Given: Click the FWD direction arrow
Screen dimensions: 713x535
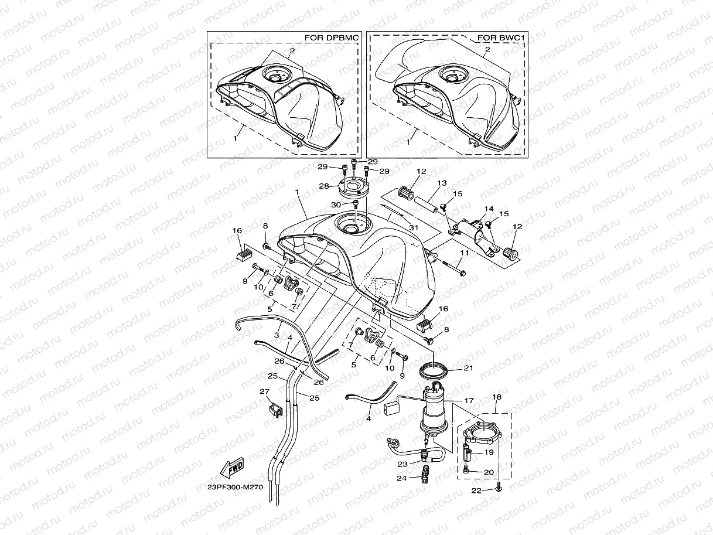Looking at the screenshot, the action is (x=231, y=469).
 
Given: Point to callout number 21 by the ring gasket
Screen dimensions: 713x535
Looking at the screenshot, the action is (x=468, y=369).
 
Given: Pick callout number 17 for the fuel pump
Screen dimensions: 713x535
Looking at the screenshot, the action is (x=469, y=401).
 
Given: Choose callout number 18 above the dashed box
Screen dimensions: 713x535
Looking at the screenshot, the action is (x=497, y=397).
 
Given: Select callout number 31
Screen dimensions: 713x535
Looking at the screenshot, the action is (x=414, y=228).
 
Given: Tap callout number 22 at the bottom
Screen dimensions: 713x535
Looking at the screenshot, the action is (x=476, y=490).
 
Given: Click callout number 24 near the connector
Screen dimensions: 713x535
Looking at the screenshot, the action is (x=401, y=478).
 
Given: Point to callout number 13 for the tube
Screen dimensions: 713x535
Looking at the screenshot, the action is (x=441, y=183).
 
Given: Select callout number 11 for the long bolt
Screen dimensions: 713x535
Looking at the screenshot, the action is (x=465, y=253).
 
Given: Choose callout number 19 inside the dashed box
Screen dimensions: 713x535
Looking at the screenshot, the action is (x=488, y=452).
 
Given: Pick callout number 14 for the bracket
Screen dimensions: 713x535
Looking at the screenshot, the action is (x=488, y=209).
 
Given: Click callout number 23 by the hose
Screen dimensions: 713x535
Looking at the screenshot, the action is (x=402, y=464).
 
